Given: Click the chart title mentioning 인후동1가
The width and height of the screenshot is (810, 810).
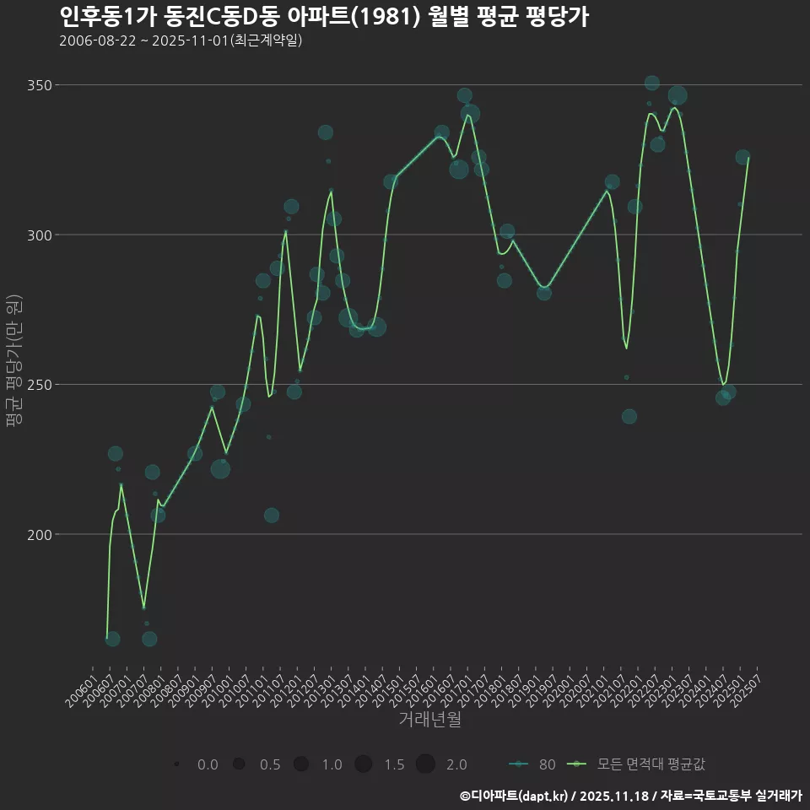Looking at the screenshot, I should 324,17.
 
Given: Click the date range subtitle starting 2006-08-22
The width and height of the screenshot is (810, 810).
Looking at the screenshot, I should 181,40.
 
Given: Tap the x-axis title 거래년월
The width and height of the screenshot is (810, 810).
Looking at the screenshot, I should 429,720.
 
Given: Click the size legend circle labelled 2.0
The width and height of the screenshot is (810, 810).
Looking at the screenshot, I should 425,764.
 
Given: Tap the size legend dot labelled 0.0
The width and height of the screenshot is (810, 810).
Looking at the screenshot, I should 176,764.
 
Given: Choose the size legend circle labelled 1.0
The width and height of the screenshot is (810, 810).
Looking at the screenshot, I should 301,764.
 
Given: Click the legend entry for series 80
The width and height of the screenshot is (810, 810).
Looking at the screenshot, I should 532,764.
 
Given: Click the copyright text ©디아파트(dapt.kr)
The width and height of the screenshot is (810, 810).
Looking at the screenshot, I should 515,796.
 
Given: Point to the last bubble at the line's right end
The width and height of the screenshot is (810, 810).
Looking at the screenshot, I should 742,158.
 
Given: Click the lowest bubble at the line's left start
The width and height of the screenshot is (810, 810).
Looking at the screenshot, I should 112,639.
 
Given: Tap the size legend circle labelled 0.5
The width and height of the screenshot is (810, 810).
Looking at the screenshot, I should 239,764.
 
